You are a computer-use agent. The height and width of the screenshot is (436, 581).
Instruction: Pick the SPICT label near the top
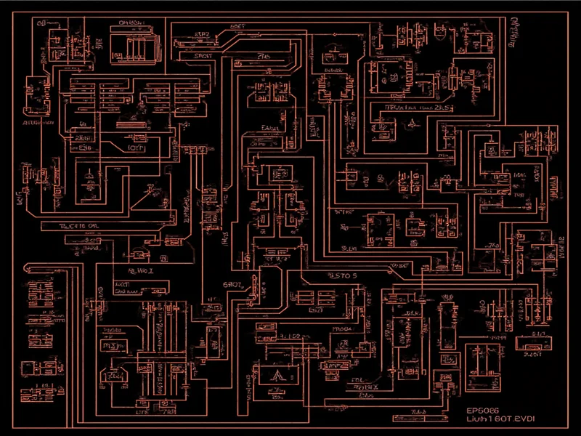pos(203,55)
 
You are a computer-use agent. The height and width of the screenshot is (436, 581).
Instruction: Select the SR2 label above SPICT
pos(202,34)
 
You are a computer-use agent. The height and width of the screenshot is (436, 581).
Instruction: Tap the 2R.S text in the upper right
pos(442,107)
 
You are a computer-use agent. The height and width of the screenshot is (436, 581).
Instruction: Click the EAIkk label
pos(271,129)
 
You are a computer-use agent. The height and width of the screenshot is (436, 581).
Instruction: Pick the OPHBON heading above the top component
pos(130,23)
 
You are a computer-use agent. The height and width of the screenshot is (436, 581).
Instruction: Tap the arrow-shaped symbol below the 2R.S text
pos(413,123)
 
